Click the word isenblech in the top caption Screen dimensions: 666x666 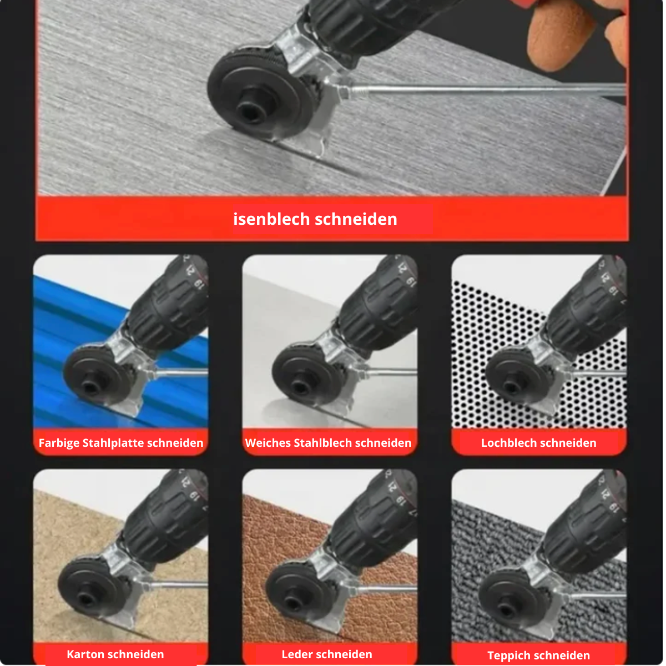[x=271, y=219]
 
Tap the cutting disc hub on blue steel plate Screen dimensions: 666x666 [x=90, y=385]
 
